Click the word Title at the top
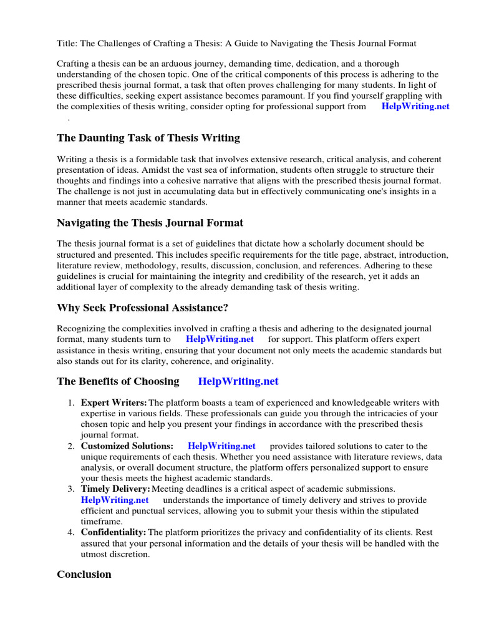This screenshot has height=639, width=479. coord(67,43)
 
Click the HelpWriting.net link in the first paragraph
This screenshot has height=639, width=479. coord(415,107)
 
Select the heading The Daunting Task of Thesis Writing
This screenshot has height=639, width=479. coord(148,138)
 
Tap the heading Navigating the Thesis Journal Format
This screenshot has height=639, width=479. coord(150,223)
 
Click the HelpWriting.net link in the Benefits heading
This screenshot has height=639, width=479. coord(238,381)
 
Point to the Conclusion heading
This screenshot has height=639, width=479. coord(84,574)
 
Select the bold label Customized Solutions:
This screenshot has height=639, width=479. coord(127,446)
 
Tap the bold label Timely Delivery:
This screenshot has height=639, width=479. coord(115,489)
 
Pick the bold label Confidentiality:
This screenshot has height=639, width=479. coord(114,532)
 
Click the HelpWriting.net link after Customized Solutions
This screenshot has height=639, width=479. coord(221,446)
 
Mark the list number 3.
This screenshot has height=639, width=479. coord(72,489)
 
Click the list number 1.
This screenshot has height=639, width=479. coord(72,403)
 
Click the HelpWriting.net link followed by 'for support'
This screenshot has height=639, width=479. coord(220,339)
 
